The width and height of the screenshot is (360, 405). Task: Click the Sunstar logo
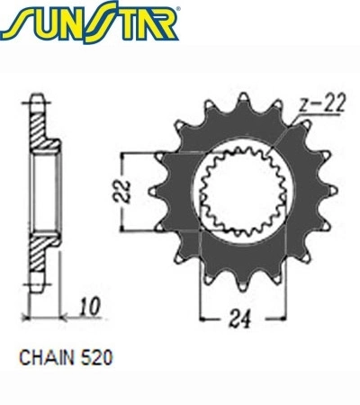click(89, 22)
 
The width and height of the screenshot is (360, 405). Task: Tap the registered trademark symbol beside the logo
click(179, 9)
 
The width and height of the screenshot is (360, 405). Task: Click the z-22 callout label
click(323, 103)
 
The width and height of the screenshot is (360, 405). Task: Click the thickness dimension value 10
click(90, 307)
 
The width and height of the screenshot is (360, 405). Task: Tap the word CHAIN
click(47, 357)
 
